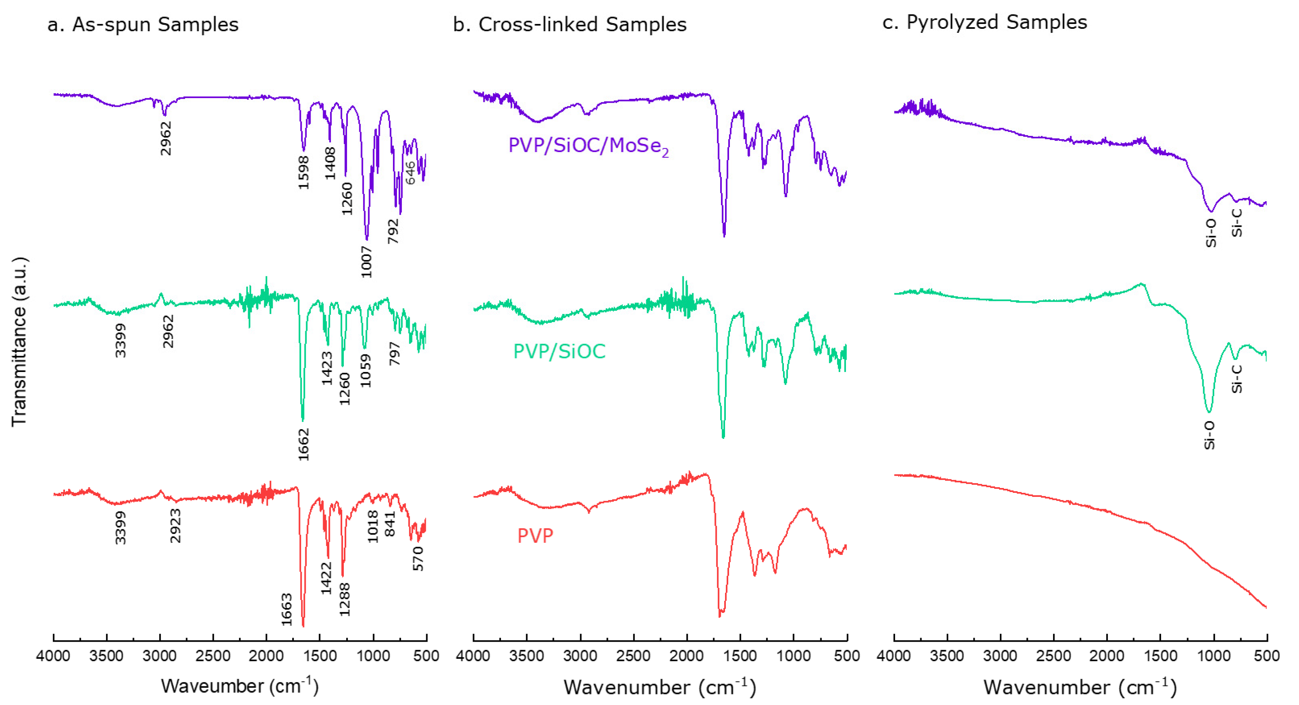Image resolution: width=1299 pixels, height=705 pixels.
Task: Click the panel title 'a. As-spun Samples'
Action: coord(143,24)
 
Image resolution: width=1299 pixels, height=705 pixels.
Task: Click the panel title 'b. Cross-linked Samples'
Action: coord(570,24)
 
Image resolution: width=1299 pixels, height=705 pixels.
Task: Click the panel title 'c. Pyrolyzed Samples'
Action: coord(984,22)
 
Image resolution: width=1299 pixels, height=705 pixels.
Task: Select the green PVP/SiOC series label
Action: coord(559,351)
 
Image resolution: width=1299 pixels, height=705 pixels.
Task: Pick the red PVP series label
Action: coord(535,535)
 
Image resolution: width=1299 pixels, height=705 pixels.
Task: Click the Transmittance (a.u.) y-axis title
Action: coord(19,342)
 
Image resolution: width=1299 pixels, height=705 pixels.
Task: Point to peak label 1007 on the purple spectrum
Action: coord(367,262)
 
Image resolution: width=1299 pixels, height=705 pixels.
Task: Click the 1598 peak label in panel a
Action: coord(304,172)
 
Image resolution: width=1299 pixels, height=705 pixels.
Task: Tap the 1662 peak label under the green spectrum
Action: coord(304,445)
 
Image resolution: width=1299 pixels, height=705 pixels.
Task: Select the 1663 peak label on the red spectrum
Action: coord(287,610)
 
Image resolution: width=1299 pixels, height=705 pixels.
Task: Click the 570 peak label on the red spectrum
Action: coord(419,558)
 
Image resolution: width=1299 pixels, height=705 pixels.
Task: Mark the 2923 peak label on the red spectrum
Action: coord(175,526)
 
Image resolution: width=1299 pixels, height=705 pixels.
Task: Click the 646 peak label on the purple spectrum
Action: coord(411,173)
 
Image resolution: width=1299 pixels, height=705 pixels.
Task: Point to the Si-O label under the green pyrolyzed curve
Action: coord(1209,435)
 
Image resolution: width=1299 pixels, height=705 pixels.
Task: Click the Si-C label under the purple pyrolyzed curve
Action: coord(1236,223)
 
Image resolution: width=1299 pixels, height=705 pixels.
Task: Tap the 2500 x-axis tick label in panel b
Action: coord(633,656)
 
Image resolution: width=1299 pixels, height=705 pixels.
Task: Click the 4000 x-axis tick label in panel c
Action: coord(893,656)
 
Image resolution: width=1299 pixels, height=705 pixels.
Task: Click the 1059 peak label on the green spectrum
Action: coord(366,370)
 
